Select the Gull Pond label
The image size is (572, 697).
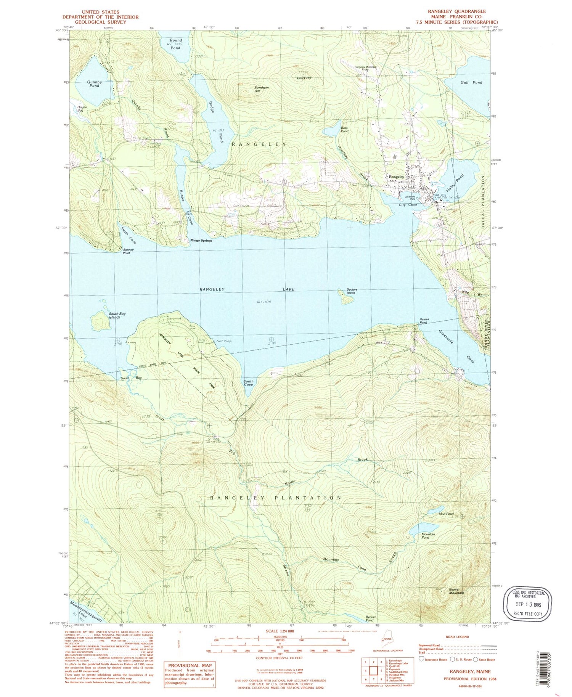[471, 82]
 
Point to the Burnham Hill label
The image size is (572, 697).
[262, 90]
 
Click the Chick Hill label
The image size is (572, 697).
[304, 78]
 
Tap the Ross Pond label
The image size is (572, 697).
[344, 129]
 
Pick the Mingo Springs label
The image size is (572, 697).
[201, 241]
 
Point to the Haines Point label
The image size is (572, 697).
[424, 321]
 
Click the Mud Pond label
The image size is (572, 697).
[446, 514]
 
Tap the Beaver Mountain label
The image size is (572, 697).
[456, 591]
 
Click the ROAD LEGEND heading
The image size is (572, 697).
[457, 637]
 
